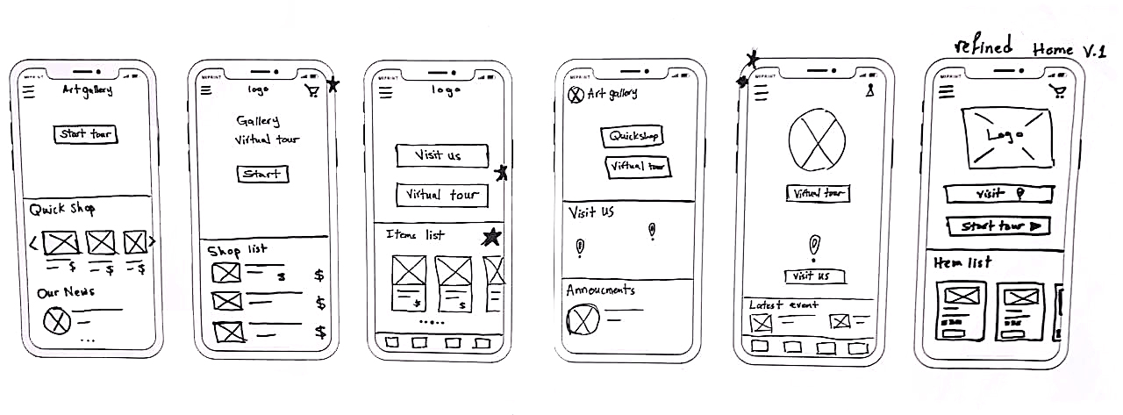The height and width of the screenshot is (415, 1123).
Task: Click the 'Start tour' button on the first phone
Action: pyautogui.click(x=86, y=134)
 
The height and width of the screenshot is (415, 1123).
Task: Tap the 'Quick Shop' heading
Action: pyautogui.click(x=62, y=210)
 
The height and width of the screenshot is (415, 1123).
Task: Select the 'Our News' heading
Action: pyautogui.click(x=66, y=291)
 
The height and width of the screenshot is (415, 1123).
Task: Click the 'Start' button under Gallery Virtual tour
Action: pyautogui.click(x=262, y=174)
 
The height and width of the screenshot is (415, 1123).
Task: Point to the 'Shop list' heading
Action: pyautogui.click(x=238, y=250)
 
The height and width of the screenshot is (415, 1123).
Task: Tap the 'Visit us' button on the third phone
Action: pyautogui.click(x=440, y=155)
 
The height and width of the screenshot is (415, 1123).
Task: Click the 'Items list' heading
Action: pyautogui.click(x=415, y=234)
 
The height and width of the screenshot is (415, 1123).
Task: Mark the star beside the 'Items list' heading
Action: pyautogui.click(x=492, y=236)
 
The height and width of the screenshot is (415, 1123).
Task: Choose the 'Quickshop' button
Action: pyautogui.click(x=632, y=136)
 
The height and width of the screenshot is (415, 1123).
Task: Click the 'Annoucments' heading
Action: pyautogui.click(x=600, y=290)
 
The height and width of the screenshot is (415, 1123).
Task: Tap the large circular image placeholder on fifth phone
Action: pyautogui.click(x=817, y=141)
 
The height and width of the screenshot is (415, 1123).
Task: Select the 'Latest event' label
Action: pyautogui.click(x=783, y=304)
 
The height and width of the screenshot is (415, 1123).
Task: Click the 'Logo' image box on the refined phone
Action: pyautogui.click(x=1007, y=138)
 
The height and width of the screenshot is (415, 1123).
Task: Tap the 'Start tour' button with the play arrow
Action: pyautogui.click(x=998, y=225)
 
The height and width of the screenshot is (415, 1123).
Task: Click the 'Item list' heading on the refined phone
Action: pyautogui.click(x=962, y=261)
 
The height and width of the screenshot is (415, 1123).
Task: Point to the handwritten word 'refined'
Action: pyautogui.click(x=983, y=46)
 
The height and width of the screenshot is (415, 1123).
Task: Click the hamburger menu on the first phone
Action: pyautogui.click(x=29, y=91)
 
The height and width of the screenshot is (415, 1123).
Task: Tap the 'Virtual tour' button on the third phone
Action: pyautogui.click(x=440, y=194)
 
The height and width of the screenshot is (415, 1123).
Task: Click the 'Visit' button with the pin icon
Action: pyautogui.click(x=998, y=193)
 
